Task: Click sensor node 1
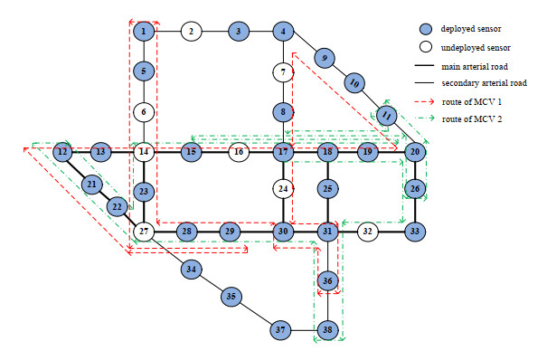point(144,31)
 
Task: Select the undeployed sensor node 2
point(191,31)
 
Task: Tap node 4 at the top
point(283,31)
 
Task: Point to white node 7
point(283,72)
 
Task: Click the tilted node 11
point(387,115)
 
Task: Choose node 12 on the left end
point(62,152)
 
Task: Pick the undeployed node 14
point(144,152)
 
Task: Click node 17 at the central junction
point(283,152)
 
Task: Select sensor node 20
point(415,152)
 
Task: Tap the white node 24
point(283,189)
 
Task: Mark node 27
point(144,231)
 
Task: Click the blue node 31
point(327,231)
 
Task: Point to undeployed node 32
point(368,231)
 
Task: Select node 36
point(327,280)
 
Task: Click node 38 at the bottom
point(327,329)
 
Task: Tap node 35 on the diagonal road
point(231,296)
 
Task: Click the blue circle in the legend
point(426,29)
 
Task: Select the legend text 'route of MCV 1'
point(472,102)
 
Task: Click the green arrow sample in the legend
point(425,118)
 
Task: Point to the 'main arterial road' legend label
point(475,66)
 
